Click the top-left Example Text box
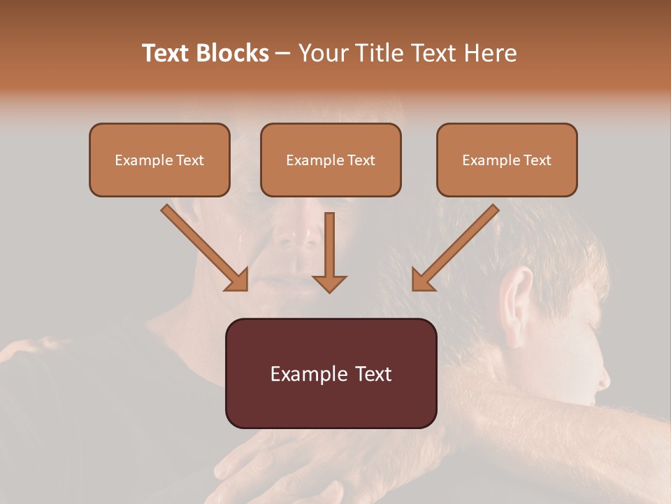pos(159,160)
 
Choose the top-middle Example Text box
pos(331,160)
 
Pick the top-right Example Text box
pos(507,160)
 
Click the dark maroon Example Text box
pos(331,373)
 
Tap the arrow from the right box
pos(455,248)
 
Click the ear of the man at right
pos(517,294)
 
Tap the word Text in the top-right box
pos(537,160)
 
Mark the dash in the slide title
pos(283,54)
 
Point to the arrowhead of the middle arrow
pos(329,283)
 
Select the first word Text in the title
pos(166,53)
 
